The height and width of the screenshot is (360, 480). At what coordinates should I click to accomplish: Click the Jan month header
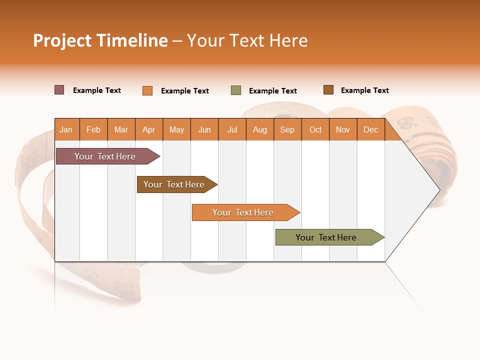coord(66,130)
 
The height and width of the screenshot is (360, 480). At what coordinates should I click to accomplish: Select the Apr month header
coord(148,130)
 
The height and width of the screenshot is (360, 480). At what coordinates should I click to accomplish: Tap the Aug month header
coord(259,130)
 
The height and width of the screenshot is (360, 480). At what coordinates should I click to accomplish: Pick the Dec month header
coord(370,130)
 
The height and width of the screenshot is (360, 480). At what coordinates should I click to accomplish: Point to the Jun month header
coord(204,130)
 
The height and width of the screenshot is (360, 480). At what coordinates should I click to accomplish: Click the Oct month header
coord(315,130)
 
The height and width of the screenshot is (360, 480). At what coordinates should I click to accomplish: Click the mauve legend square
coord(59,90)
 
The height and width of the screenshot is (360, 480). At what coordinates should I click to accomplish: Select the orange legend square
coord(147,90)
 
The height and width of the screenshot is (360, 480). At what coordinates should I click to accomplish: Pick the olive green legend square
coord(236,90)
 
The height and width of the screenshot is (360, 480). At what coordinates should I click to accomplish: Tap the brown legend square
coord(328,90)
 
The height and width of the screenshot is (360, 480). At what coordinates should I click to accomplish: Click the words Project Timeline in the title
coord(100,40)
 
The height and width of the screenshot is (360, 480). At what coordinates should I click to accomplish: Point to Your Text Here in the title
coord(247,40)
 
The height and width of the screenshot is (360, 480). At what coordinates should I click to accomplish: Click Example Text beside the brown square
coord(364,90)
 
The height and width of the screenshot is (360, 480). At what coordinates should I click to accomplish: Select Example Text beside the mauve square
coord(97,90)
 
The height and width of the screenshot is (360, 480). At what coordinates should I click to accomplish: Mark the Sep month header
coord(287,130)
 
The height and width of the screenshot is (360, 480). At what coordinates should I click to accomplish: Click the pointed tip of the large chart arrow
coord(439,189)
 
